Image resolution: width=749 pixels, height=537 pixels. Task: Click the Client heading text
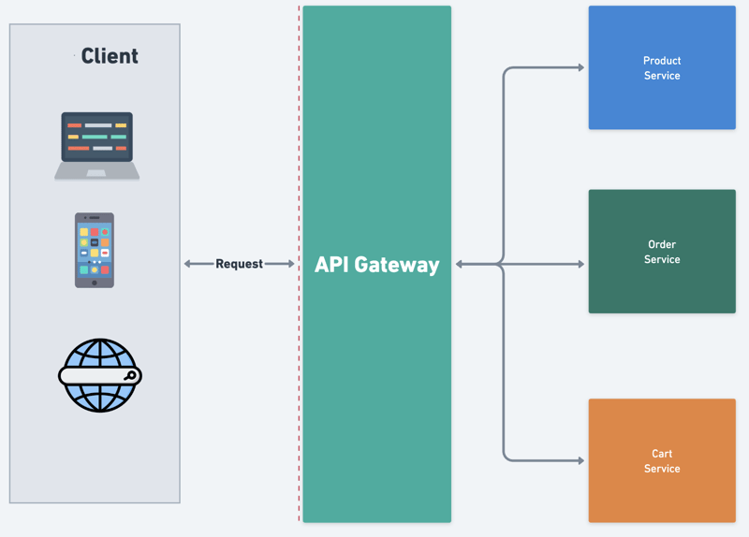point(110,56)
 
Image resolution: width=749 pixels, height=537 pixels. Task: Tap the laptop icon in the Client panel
point(97,145)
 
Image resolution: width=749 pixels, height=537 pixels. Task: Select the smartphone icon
point(95,250)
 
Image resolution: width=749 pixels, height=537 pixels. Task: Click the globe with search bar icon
point(99,375)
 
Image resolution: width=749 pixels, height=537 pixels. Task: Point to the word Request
point(239,264)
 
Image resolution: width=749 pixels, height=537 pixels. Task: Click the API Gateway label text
point(376,265)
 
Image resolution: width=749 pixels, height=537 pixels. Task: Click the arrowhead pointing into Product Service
point(580,67)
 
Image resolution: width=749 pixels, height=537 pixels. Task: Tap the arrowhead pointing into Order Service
point(580,265)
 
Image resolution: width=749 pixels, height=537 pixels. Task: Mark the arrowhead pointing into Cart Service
point(580,460)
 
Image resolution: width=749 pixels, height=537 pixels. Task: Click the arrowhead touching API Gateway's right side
point(460,265)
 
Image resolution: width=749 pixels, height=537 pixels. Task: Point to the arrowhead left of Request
point(188,264)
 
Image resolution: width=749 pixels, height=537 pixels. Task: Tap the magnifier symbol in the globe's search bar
point(131,376)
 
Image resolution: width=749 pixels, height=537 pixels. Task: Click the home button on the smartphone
point(95,283)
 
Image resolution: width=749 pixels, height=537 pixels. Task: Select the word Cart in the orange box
point(662,454)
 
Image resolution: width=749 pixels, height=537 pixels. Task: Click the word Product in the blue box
point(662,61)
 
